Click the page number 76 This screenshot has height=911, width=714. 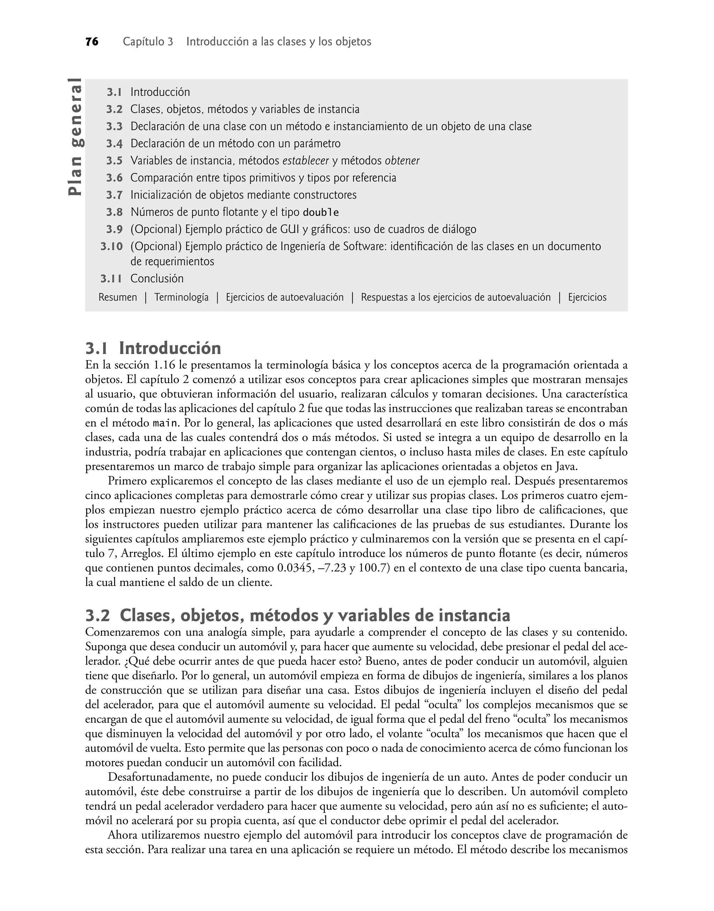point(92,42)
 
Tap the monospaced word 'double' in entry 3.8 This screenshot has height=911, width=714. point(321,212)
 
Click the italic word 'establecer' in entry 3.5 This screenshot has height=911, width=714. point(306,161)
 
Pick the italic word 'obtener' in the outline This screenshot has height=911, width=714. point(402,161)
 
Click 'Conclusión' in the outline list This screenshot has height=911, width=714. point(157,278)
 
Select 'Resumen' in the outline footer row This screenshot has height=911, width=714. point(117,297)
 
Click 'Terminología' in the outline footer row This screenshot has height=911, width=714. point(181,297)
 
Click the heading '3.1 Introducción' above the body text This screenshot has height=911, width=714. point(153,348)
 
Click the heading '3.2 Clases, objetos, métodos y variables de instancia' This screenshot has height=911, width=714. point(298,615)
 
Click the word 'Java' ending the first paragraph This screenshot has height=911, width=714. point(562,467)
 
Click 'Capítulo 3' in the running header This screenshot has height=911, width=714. point(147,42)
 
